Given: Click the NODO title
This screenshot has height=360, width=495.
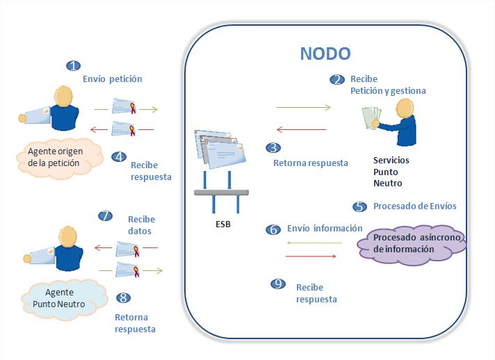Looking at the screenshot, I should [325, 54].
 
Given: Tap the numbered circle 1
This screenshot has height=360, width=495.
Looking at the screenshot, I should [73, 66].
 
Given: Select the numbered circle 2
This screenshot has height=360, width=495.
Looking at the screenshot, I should [337, 80].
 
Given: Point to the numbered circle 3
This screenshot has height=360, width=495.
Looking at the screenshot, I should [273, 148].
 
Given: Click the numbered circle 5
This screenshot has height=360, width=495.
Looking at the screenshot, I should [359, 206].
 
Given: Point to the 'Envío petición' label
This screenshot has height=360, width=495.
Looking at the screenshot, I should [112, 79].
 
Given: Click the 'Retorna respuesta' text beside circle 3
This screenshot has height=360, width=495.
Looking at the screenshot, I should [310, 163].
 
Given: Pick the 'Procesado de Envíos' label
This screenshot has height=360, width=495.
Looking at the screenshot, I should [414, 206].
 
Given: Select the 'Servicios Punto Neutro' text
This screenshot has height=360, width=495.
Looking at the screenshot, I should [391, 172].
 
